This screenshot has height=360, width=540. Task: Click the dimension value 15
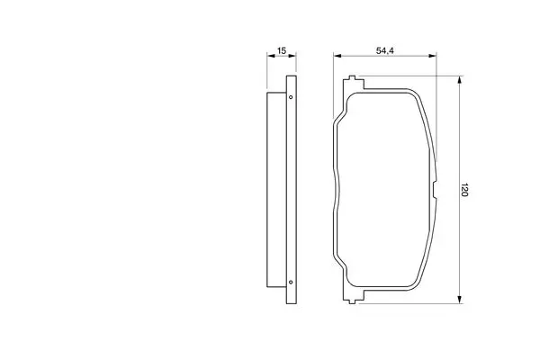(282, 50)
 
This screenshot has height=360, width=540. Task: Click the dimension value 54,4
(384, 50)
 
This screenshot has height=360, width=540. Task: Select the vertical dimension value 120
(464, 190)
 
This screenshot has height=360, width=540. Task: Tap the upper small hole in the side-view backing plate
(291, 97)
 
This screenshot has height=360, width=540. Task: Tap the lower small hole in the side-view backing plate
(291, 282)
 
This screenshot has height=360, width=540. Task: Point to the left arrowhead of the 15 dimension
(271, 56)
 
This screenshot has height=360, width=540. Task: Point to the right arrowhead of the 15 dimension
(292, 56)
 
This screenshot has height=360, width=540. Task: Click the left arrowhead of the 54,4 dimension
(337, 56)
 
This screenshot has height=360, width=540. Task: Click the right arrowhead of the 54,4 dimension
(432, 56)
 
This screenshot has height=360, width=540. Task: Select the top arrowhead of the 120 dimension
(459, 80)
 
